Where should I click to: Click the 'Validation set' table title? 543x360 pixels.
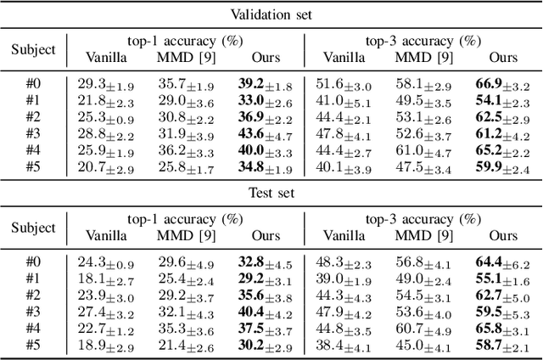click(271, 13)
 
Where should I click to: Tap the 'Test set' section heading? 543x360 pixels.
click(271, 193)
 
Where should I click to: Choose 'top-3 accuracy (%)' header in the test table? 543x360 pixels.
click(422, 220)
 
